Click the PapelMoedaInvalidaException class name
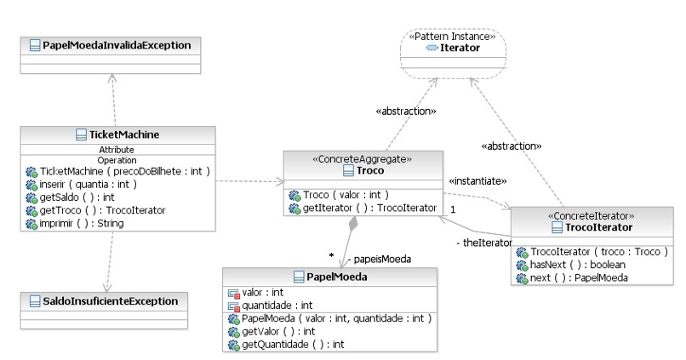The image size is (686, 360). point(117,45)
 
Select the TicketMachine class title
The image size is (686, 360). point(124,134)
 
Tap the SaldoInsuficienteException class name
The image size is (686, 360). point(111,301)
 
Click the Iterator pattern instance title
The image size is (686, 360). point(460,49)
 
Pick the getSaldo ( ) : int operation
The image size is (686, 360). point(77,197)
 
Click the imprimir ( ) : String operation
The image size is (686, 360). point(82,224)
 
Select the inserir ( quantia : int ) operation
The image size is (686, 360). point(88,185)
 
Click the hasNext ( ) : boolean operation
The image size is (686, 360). point(578,265)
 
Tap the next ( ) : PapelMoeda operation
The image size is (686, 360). point(579,278)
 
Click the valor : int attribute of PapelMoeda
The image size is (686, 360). point(262,292)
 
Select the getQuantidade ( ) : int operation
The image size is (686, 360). point(293,345)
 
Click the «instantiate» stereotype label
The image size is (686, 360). point(477,181)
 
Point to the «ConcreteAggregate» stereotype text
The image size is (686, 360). point(363,159)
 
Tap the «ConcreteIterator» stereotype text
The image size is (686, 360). point(591,216)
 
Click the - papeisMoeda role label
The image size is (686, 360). point(380,260)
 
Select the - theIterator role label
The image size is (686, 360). point(484,243)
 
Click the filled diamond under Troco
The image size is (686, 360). point(352,223)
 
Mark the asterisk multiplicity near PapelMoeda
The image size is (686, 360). point(331,255)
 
